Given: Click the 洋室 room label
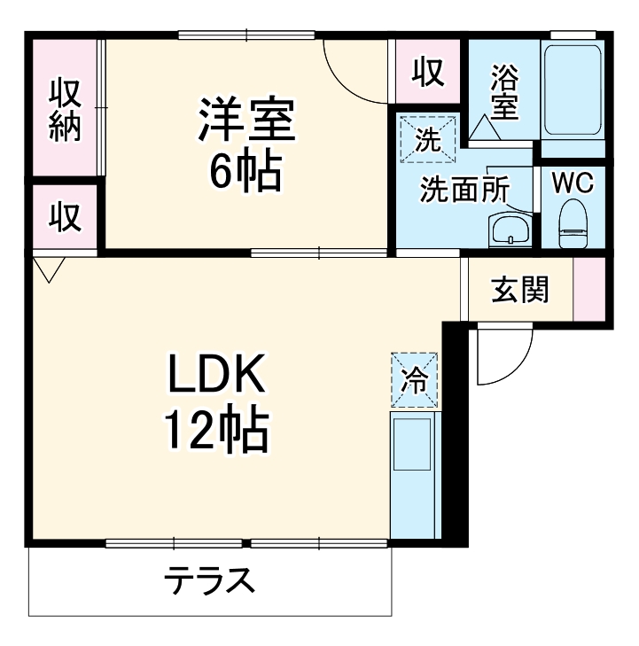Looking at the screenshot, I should tap(245, 122).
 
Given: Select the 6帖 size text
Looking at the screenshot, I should tap(245, 172).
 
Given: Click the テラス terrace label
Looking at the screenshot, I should tap(210, 581).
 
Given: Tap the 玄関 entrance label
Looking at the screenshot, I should tap(519, 289).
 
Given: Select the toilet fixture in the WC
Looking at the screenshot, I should tap(573, 225).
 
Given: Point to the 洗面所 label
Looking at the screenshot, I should tap(464, 191).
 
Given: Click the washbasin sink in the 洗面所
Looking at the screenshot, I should tap(509, 231).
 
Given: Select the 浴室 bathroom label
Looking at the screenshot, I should tap(503, 93).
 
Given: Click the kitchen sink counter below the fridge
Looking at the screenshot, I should tap(414, 474).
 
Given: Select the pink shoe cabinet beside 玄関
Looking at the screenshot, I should tap(587, 289).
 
